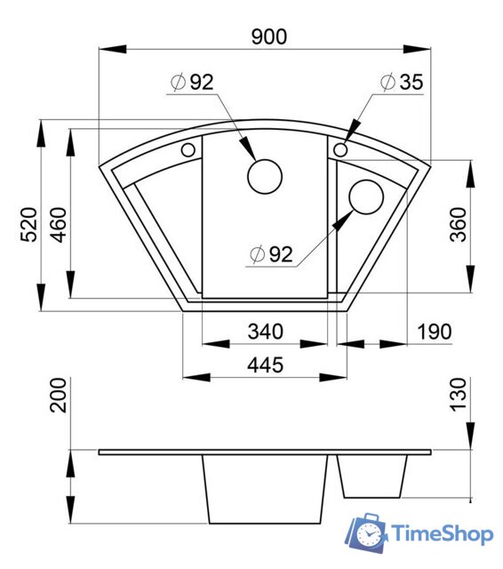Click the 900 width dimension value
(269, 37)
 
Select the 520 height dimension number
(28, 225)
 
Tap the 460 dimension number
(58, 225)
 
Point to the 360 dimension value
(458, 225)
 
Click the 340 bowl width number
(265, 332)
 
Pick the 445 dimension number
(265, 365)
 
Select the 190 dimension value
(435, 332)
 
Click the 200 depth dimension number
(58, 395)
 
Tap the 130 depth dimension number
(458, 395)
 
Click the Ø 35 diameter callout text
(402, 82)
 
